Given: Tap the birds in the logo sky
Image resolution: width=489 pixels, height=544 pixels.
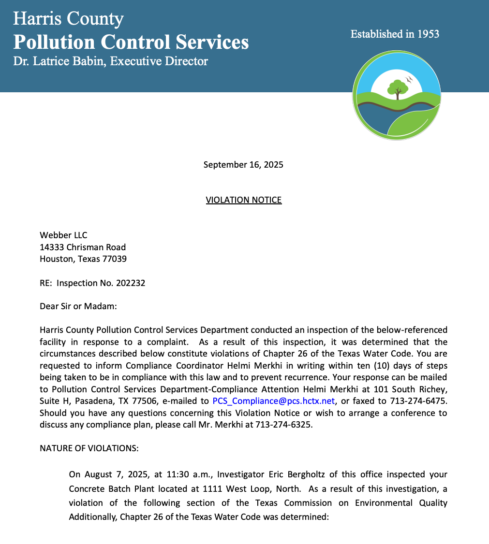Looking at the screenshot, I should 409,79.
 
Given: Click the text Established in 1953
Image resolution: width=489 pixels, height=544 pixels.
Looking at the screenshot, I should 395,34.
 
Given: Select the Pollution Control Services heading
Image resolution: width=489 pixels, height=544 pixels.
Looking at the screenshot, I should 131,42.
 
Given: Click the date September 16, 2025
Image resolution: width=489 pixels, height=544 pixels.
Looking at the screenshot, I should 243,165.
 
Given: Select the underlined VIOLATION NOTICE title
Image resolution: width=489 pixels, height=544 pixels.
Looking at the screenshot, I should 243,200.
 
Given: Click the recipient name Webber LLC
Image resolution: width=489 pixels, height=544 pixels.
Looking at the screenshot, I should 63,235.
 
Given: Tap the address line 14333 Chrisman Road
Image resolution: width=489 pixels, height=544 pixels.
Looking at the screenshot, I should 83,247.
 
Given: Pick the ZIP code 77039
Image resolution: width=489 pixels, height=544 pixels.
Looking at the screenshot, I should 115,258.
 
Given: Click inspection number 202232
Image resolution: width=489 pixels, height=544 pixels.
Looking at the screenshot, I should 131,283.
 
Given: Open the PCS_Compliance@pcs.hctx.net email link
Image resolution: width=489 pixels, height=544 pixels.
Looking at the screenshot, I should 273,401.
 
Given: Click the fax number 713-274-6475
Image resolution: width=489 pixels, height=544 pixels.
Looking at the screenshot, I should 421,401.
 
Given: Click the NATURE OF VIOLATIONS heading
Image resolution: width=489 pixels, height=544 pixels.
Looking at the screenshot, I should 89,448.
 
